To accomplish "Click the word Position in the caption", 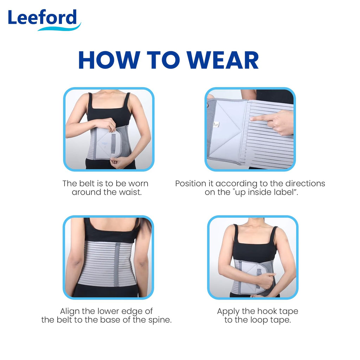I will click(x=194, y=184).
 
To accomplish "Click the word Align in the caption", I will click(x=70, y=311).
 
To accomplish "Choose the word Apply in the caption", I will click(x=228, y=311).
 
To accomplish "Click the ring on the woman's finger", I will click(x=110, y=126).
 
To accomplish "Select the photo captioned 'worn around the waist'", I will click(x=109, y=129).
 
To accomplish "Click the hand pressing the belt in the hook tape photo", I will click(x=267, y=279).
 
